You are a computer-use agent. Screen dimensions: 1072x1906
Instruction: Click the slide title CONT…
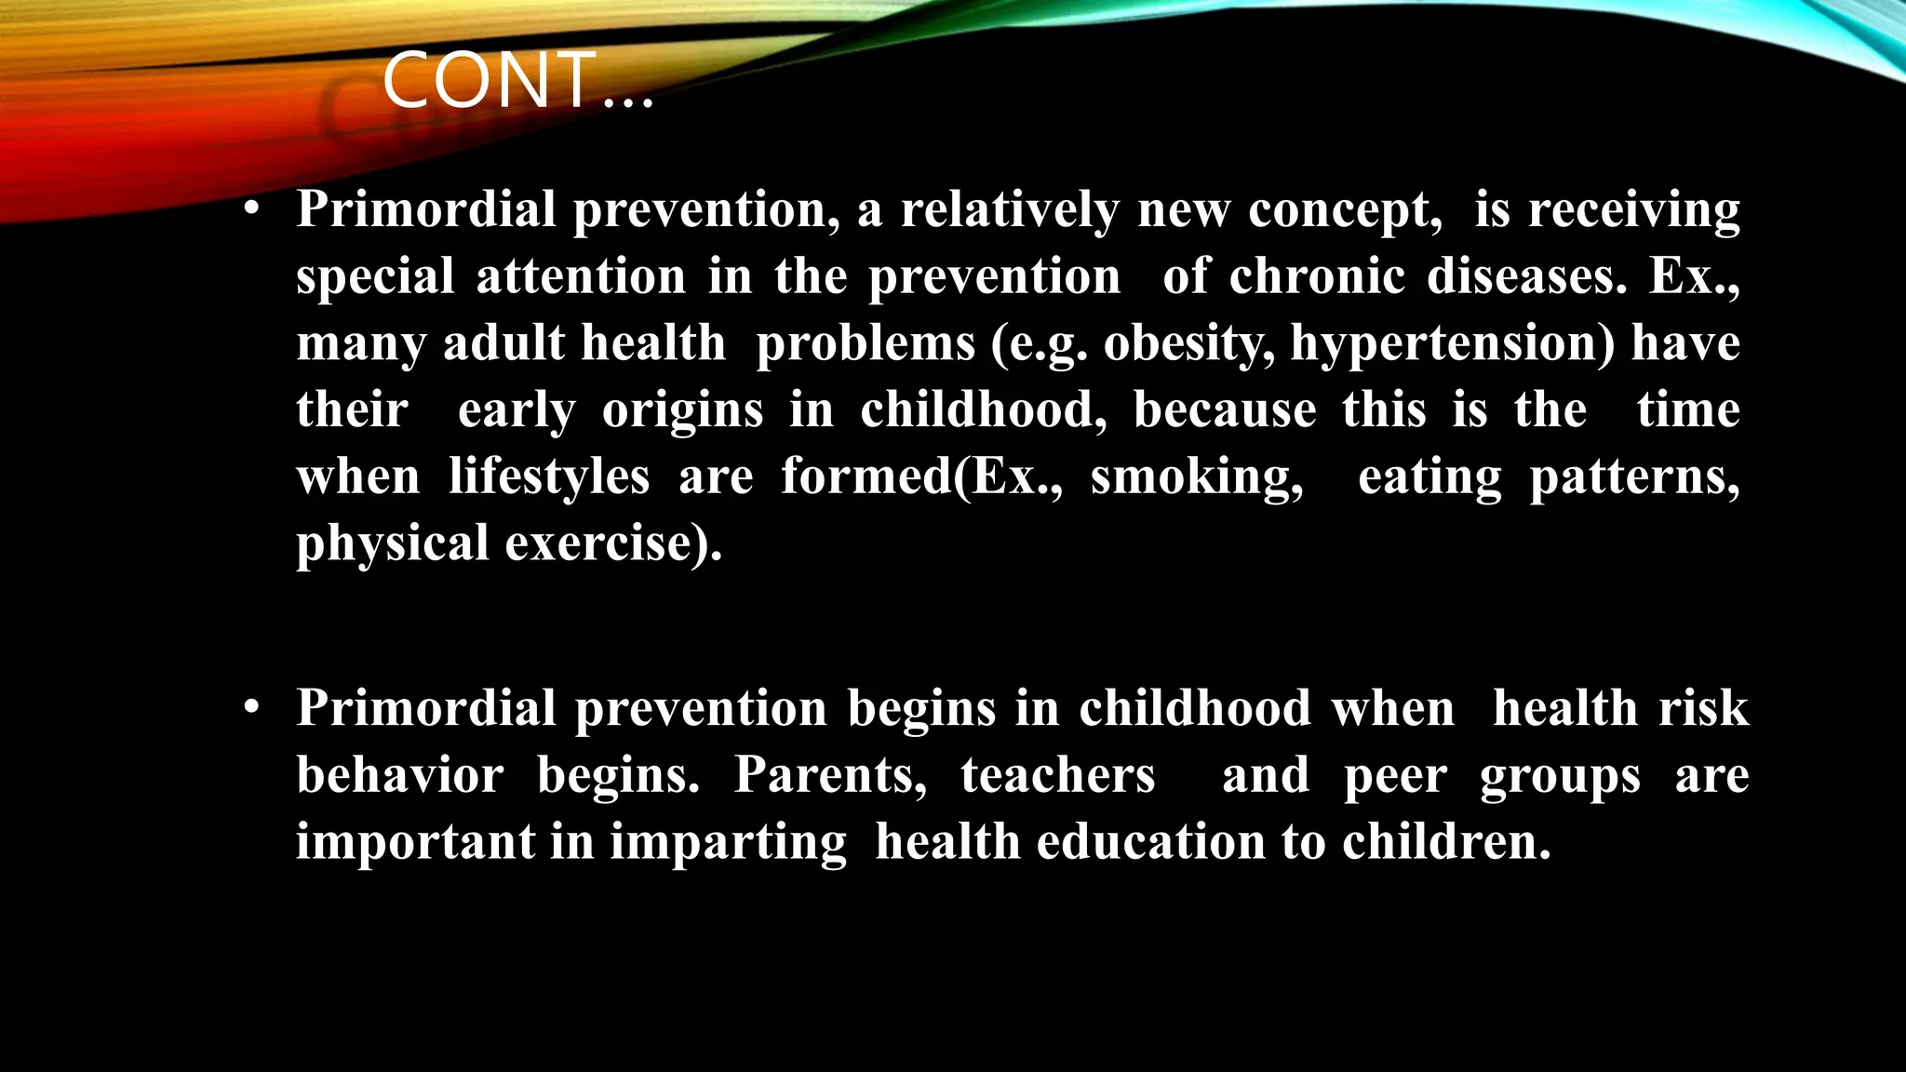point(517,81)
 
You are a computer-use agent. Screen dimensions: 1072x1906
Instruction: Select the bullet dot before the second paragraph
point(251,709)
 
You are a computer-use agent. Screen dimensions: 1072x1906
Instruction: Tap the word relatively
point(1010,209)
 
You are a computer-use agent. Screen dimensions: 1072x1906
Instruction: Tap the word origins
point(682,411)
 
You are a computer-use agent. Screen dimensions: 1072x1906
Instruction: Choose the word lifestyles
point(549,477)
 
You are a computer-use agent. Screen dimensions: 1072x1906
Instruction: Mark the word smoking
point(1197,478)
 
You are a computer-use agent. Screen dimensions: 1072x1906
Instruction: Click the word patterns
point(1634,478)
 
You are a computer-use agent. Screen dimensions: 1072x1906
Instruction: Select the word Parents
point(830,775)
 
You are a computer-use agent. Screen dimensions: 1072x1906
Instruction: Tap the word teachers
point(1057,775)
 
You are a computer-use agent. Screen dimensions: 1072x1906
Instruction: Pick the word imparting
point(728,843)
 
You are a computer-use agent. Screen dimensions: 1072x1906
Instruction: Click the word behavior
point(400,775)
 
